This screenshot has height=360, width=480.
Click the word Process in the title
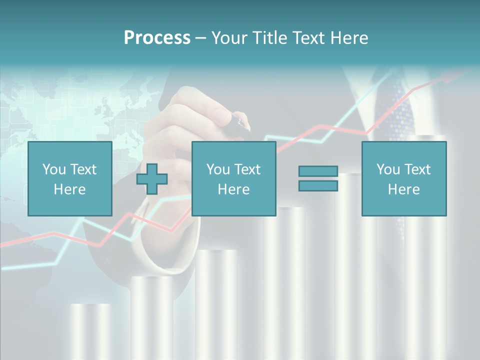[157, 38]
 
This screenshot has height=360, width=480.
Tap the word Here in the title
[349, 38]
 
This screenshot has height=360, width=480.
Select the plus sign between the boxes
[152, 179]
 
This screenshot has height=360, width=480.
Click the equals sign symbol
[318, 178]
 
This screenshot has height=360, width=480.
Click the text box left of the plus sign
[69, 178]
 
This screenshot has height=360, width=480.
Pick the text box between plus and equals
[233, 178]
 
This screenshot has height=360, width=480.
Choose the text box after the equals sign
[403, 178]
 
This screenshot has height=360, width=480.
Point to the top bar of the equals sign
[318, 171]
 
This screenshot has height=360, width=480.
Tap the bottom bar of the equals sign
[318, 185]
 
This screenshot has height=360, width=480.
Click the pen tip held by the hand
[246, 125]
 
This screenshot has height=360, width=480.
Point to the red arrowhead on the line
[446, 76]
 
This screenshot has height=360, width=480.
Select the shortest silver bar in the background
[90, 330]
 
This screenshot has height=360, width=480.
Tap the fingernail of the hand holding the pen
[221, 115]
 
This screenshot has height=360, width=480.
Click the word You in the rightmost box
[388, 169]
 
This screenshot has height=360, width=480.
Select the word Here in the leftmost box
[69, 189]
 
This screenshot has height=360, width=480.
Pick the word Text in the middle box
[247, 169]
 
